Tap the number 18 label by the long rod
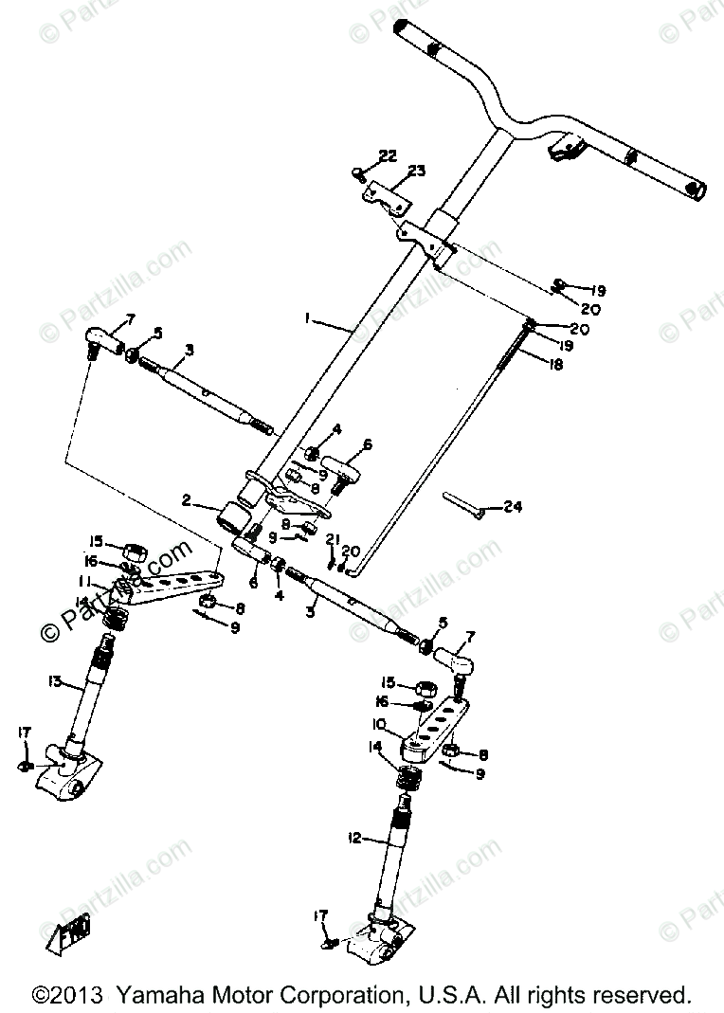555,363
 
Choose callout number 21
332,539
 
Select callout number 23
417,172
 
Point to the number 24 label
513,507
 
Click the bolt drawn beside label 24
464,504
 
